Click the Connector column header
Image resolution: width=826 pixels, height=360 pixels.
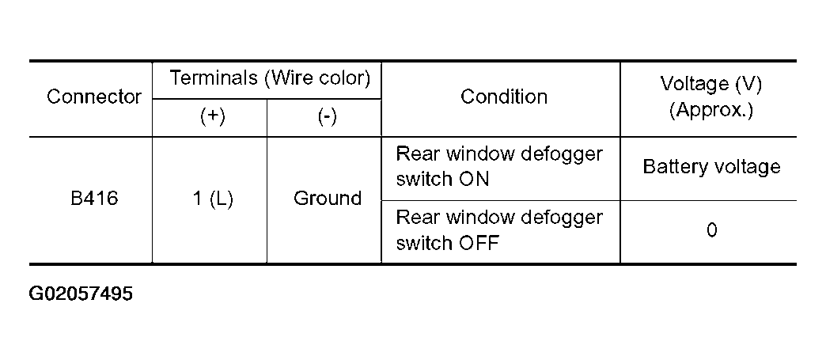click(x=94, y=97)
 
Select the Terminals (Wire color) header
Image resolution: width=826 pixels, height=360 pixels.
click(x=271, y=78)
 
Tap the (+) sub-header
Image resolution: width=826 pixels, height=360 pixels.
click(x=213, y=117)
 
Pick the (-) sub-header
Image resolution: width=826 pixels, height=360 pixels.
click(x=327, y=117)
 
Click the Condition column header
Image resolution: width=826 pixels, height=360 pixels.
click(x=504, y=97)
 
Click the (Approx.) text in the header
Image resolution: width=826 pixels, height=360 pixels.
click(x=711, y=110)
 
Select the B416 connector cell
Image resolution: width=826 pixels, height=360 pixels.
click(x=94, y=199)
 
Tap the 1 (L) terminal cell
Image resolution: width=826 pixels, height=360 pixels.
click(x=213, y=199)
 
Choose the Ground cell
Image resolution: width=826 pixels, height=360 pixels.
click(x=328, y=199)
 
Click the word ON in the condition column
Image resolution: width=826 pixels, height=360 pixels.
click(x=474, y=180)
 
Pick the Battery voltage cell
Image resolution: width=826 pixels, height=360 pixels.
click(x=712, y=168)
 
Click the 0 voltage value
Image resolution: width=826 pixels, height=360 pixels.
click(x=712, y=230)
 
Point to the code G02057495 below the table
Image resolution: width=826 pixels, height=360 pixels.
click(x=81, y=293)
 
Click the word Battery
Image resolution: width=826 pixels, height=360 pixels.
click(x=675, y=168)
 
